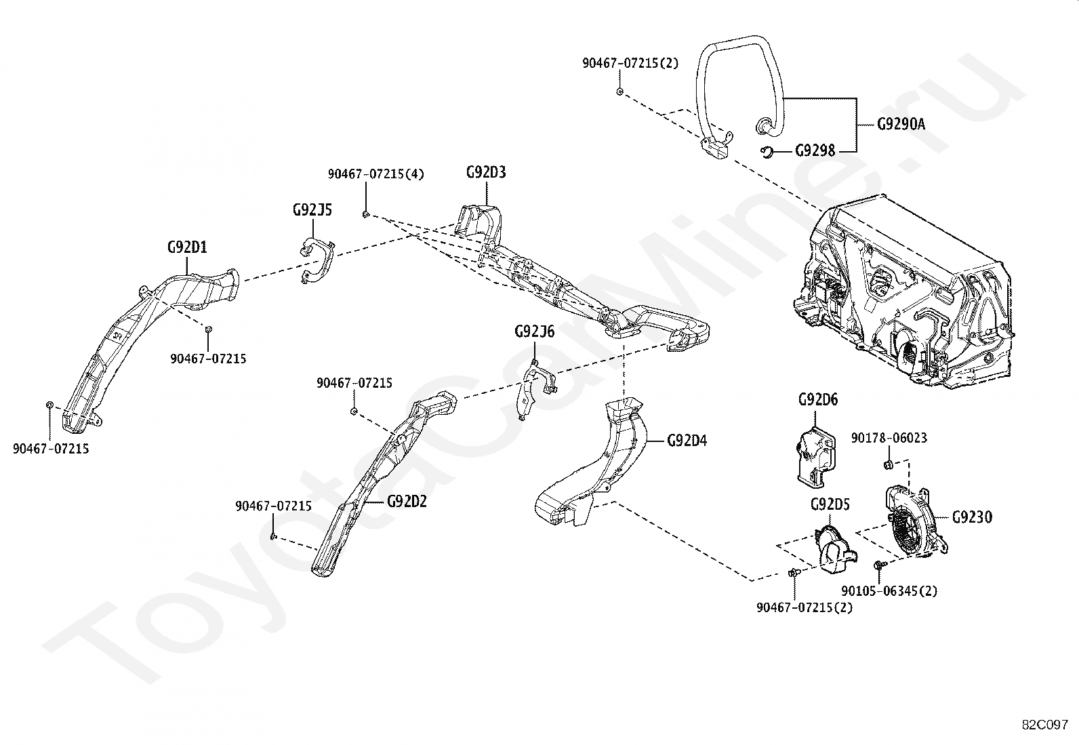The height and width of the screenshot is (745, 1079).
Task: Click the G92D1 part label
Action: [187, 247]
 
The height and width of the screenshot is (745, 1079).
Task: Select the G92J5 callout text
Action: [312, 210]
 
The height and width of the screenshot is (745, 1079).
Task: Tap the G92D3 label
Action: [486, 172]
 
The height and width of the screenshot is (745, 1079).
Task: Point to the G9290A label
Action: [901, 124]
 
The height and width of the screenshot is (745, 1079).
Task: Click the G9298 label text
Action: [815, 151]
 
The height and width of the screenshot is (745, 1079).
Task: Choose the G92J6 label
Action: [535, 331]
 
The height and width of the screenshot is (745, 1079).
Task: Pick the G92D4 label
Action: [687, 441]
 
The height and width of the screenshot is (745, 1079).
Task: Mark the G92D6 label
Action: [819, 399]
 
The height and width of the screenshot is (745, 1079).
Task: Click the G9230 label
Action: [973, 517]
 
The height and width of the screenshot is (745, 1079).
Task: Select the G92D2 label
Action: [407, 502]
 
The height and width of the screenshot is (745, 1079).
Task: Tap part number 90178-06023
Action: [889, 438]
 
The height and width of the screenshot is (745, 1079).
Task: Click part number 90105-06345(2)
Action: [890, 591]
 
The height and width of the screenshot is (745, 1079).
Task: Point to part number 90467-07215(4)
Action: [376, 174]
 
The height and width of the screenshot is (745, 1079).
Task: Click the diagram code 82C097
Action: [1045, 725]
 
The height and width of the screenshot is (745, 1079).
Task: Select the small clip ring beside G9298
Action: [767, 153]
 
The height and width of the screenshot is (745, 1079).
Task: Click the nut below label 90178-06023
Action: [889, 465]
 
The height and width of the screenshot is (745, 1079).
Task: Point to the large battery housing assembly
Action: [903, 294]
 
